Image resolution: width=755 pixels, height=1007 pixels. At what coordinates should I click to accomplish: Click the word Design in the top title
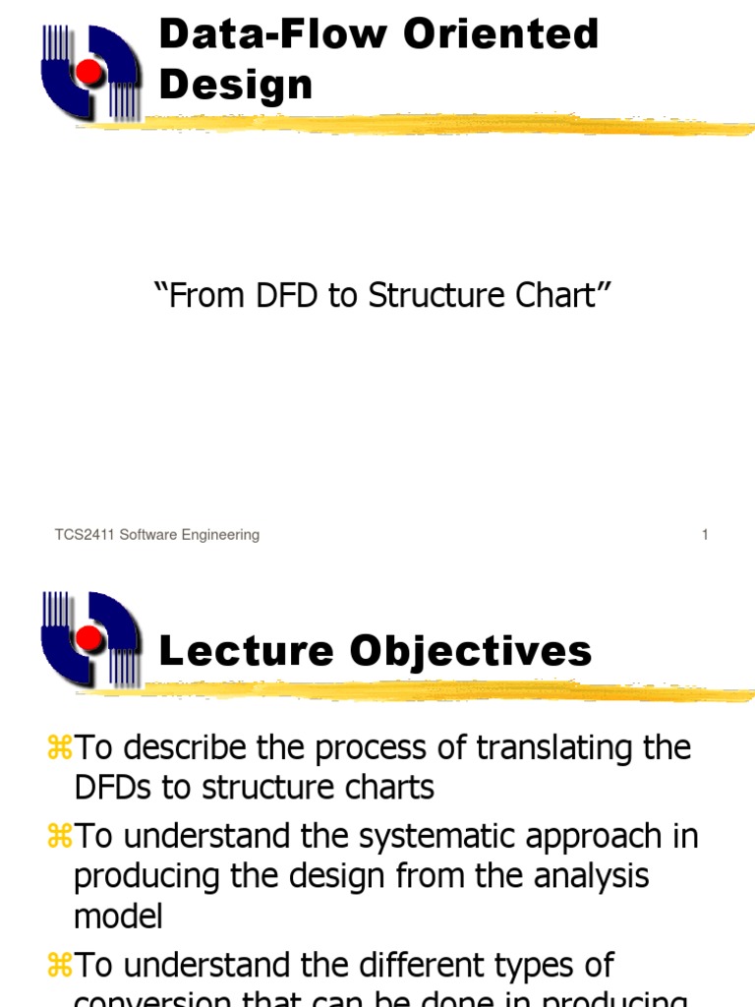tap(235, 85)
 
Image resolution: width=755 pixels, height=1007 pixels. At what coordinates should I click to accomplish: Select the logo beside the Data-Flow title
tap(90, 71)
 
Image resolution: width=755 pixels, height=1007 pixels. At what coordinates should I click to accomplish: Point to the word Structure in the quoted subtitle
tap(433, 296)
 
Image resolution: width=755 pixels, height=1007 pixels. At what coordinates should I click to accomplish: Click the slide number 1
tap(705, 535)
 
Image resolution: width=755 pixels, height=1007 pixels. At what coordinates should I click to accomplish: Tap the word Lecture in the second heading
tap(234, 651)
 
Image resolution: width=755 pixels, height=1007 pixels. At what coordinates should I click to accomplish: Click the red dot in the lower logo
tap(89, 639)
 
